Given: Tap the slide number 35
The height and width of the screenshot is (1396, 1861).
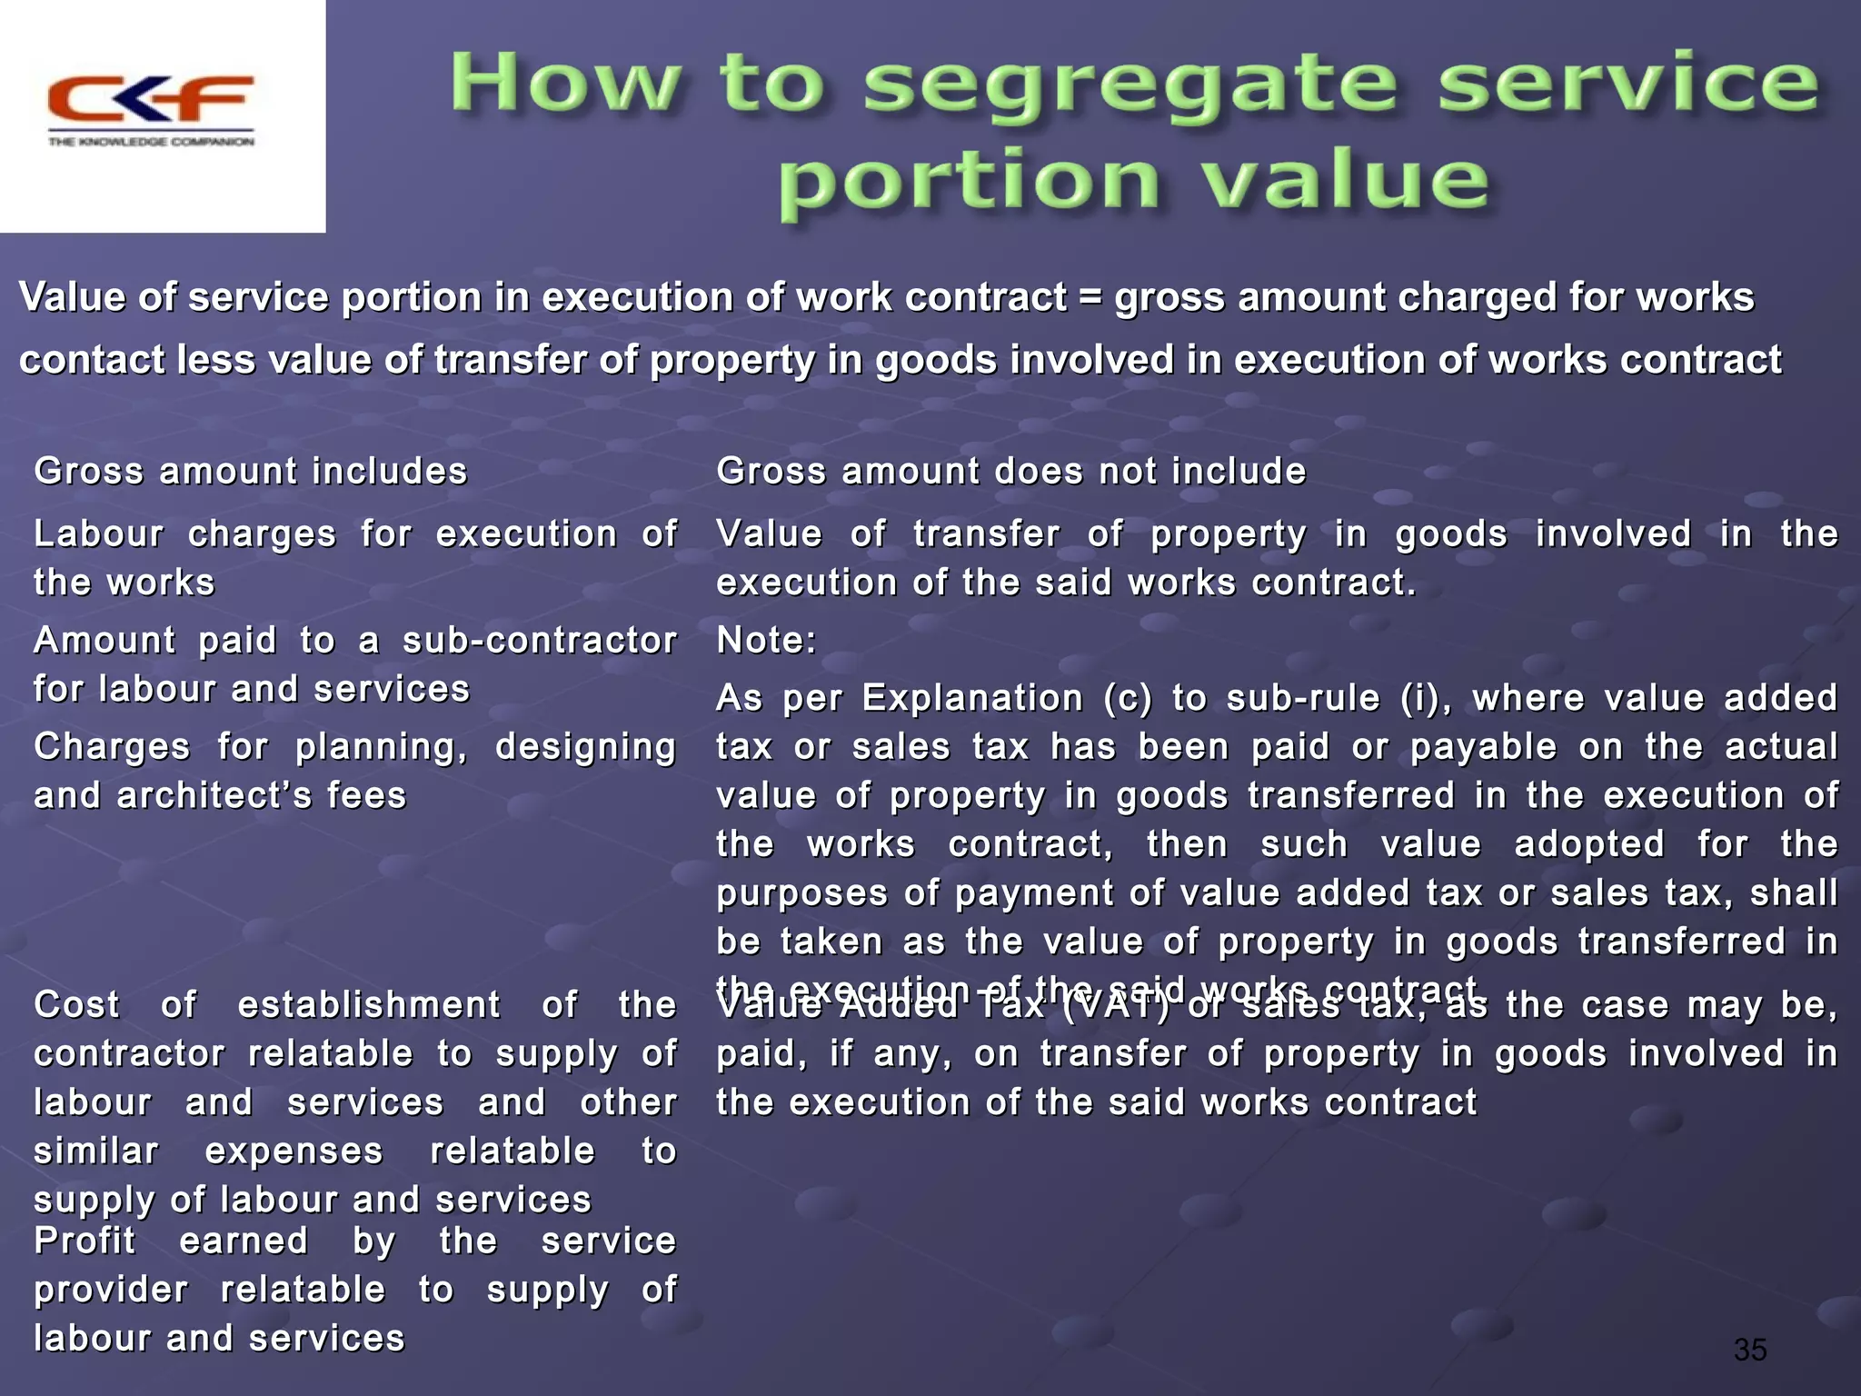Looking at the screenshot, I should (x=1749, y=1350).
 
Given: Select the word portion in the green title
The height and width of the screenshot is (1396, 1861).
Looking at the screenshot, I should (x=969, y=183).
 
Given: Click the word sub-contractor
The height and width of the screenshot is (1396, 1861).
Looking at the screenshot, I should (x=540, y=641).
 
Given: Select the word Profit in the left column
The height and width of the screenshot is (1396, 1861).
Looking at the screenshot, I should (x=85, y=1241).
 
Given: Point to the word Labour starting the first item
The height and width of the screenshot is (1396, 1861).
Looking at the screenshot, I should (x=98, y=534).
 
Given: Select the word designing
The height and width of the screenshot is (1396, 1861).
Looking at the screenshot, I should (x=585, y=747).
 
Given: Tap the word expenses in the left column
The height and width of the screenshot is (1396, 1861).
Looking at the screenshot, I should (x=294, y=1152).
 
